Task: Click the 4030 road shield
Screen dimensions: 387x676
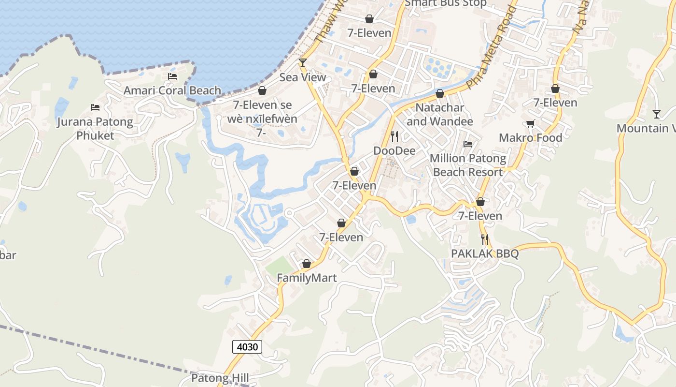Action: (247, 346)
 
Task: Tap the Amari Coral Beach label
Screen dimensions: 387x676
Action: (172, 90)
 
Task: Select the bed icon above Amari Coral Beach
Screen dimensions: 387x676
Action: (172, 76)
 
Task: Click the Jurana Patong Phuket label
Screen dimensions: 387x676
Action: (95, 128)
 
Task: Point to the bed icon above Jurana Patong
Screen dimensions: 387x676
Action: (95, 107)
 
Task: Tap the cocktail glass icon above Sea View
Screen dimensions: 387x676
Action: (303, 62)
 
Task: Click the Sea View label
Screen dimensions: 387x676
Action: (303, 77)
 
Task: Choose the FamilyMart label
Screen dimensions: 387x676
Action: (307, 278)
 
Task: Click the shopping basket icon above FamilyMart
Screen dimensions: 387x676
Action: (306, 264)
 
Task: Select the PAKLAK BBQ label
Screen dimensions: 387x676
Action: (485, 253)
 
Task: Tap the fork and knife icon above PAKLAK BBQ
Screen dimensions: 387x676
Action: (485, 239)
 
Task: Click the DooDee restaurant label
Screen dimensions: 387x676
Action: (394, 151)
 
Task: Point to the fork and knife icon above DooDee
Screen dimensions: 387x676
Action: (394, 136)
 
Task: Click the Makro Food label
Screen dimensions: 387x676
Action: (531, 138)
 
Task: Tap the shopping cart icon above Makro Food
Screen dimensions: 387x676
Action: (531, 124)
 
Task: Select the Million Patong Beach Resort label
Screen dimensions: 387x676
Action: (468, 165)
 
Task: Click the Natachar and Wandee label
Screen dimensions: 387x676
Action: (440, 114)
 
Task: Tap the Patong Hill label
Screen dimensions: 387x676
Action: (220, 378)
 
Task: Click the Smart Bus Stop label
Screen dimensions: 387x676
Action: (446, 3)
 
